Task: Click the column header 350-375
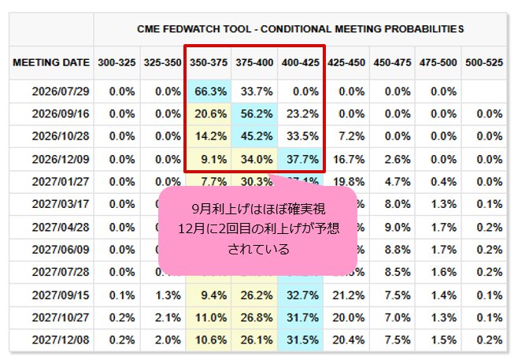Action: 209,62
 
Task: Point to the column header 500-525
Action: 484,62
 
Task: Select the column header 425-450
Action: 346,62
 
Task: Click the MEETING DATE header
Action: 51,62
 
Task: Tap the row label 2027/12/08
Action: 61,340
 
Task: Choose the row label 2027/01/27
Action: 61,182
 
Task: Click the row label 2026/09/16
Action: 61,113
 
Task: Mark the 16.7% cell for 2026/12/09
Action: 349,159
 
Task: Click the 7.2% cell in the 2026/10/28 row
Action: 351,135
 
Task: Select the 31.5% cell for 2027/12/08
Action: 302,340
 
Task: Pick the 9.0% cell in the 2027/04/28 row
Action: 398,228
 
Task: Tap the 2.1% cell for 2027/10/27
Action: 168,317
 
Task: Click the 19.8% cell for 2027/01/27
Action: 349,182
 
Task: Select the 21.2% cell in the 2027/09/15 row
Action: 349,295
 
